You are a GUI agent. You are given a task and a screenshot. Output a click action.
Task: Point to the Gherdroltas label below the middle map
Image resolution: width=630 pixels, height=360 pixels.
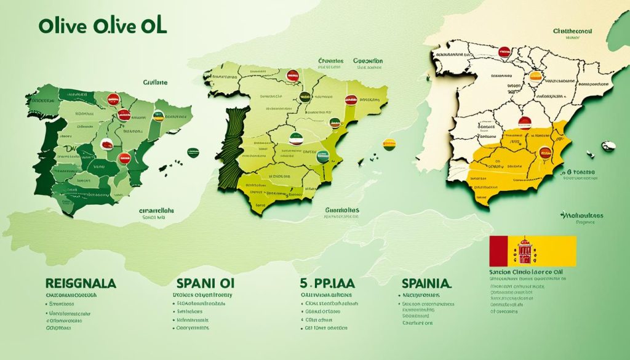click(341, 210)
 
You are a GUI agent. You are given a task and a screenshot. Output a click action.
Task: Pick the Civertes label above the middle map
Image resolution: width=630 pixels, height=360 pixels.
click(330, 62)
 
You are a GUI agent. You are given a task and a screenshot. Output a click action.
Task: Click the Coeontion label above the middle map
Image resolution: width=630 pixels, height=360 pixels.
click(368, 62)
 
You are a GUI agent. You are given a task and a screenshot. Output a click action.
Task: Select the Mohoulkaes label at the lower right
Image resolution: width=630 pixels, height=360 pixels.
click(581, 216)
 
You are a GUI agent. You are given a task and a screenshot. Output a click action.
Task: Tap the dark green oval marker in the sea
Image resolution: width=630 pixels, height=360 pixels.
click(194, 151)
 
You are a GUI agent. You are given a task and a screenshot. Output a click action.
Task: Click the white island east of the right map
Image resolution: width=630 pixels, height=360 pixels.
click(608, 146)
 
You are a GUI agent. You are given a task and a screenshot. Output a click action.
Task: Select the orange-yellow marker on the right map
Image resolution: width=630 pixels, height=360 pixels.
click(535, 76)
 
